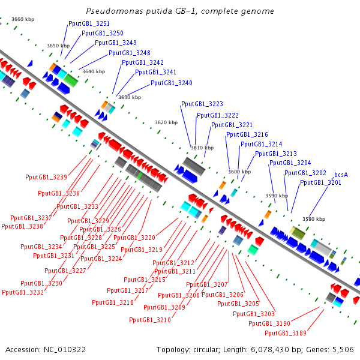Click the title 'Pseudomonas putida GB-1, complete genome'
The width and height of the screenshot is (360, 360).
[x=180, y=11]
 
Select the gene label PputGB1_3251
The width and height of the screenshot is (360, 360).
[x=89, y=23]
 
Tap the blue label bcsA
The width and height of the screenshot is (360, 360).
[x=341, y=175]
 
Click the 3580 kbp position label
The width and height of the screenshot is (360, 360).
[x=314, y=219]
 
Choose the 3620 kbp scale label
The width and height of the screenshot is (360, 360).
[x=166, y=122]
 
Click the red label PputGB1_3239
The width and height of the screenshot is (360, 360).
[x=46, y=177]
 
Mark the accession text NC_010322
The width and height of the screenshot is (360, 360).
[x=46, y=349]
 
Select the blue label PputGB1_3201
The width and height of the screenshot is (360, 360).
[x=320, y=183]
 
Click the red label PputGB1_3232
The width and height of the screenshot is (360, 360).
[x=23, y=292]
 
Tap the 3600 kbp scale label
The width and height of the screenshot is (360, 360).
[x=239, y=172]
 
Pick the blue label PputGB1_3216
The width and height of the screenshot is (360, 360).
[x=247, y=135]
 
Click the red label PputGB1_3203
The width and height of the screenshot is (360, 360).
[x=254, y=314]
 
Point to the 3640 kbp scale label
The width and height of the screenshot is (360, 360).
[x=93, y=71]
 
